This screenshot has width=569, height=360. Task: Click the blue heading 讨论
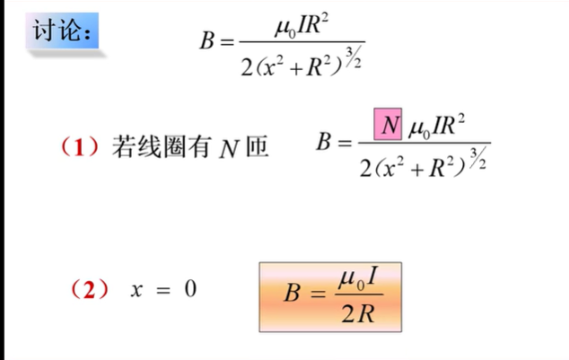(61, 31)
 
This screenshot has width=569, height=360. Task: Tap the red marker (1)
(80, 145)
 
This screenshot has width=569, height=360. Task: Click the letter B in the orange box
(292, 293)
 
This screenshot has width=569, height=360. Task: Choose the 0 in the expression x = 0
(188, 290)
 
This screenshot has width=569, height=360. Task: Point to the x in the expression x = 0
(136, 290)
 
